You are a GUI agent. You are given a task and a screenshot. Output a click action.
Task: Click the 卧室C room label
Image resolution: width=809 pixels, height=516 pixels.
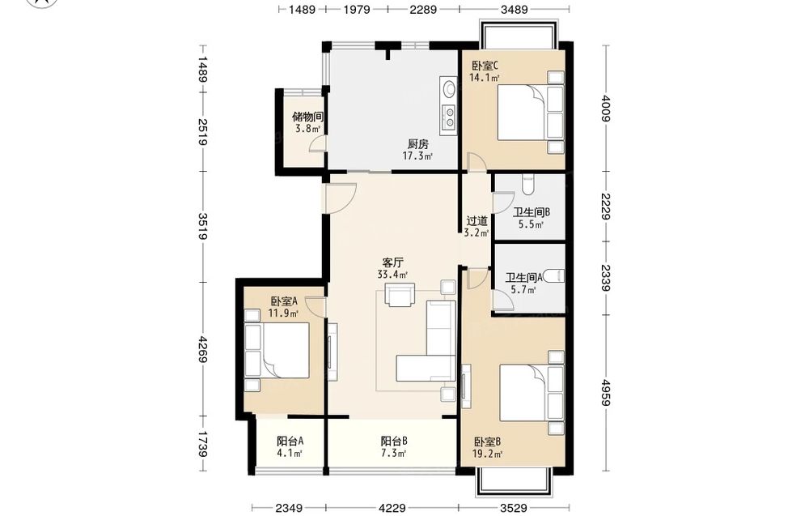click(x=485, y=66)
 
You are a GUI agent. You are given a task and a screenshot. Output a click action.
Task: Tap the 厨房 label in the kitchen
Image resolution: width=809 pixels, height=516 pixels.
click(x=417, y=144)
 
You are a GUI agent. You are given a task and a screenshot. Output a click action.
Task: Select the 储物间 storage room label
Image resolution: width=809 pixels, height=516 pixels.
click(x=307, y=117)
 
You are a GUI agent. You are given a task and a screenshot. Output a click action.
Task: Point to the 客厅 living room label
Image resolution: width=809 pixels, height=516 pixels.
click(x=392, y=262)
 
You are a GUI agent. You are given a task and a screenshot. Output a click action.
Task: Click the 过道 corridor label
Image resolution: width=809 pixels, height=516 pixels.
click(x=477, y=221)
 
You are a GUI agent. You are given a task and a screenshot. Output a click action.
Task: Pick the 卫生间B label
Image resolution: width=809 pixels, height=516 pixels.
click(x=532, y=212)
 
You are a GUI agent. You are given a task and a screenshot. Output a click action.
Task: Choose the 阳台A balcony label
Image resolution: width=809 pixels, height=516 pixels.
click(x=290, y=441)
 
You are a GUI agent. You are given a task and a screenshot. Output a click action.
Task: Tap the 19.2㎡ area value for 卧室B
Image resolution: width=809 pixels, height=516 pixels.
click(x=488, y=454)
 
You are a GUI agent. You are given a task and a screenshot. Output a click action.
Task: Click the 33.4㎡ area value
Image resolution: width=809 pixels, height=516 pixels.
click(x=392, y=275)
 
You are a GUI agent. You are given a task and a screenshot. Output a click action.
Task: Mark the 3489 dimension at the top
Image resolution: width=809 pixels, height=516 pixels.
click(x=515, y=9)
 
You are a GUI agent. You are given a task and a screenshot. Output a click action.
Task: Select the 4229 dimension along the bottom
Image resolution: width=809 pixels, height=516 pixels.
click(x=392, y=508)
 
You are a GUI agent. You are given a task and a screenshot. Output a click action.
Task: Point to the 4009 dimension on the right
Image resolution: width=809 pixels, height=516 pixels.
click(x=606, y=109)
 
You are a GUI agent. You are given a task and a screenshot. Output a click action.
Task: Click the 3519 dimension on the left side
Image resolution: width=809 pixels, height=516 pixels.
click(x=202, y=226)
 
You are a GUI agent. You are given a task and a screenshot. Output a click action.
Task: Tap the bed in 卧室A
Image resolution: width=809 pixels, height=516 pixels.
click(x=277, y=351)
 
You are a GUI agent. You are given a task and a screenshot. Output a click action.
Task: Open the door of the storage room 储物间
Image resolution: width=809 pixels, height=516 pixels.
click(x=318, y=143)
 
